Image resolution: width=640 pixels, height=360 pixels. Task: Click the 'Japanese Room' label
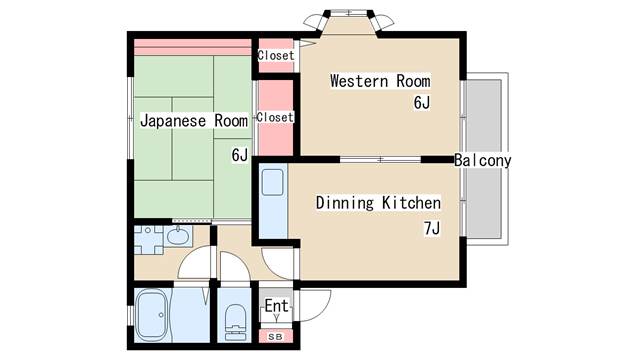click(x=193, y=121)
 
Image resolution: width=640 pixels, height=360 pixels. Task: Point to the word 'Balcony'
click(x=482, y=160)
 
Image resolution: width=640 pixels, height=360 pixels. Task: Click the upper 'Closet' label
click(x=276, y=55)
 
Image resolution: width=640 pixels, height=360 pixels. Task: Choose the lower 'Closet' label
click(x=275, y=117)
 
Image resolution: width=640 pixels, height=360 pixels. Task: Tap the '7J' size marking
click(x=431, y=228)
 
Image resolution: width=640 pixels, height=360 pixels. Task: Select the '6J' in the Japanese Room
click(x=239, y=154)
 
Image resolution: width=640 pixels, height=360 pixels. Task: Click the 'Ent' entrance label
click(x=276, y=306)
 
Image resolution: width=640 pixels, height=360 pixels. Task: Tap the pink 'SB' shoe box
click(x=275, y=337)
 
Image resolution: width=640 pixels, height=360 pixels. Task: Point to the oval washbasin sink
click(x=180, y=237)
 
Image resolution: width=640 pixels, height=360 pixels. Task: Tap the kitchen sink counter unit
click(x=272, y=201)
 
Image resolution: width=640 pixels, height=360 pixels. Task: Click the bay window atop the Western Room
click(x=349, y=20)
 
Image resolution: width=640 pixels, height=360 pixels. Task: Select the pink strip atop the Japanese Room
click(x=192, y=48)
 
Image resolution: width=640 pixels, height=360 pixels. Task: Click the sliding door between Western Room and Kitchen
click(x=380, y=159)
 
